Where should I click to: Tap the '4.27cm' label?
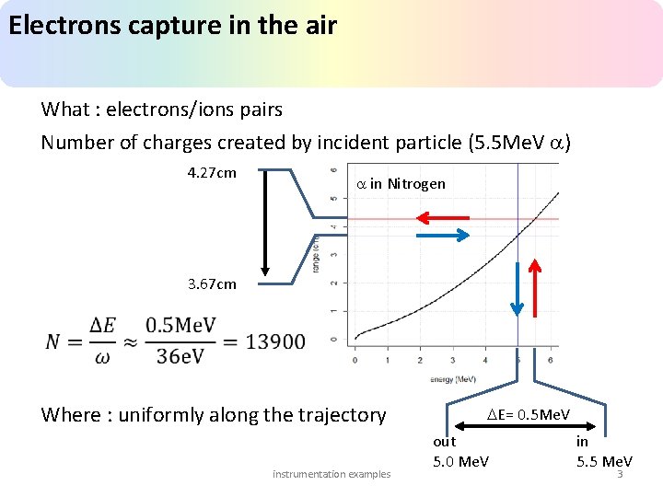pos(211,173)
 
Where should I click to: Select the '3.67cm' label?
pos(211,284)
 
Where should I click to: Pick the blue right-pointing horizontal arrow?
pos(443,236)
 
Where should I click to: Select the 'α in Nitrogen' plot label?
pos(401,184)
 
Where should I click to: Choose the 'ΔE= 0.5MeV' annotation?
pos(529,415)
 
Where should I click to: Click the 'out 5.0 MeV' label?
pos(460,451)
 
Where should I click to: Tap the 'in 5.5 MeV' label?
pos(603,451)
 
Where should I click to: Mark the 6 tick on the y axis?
pos(332,170)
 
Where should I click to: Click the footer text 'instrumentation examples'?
pos(331,474)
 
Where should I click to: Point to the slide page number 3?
pos(620,475)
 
